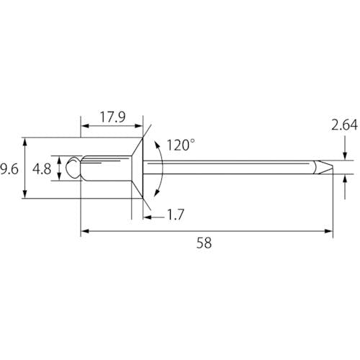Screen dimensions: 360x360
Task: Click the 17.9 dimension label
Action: pos(112,117)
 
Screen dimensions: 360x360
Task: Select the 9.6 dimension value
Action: pos(9,169)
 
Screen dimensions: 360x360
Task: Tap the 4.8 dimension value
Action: pos(42,169)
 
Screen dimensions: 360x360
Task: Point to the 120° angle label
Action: pos(180,145)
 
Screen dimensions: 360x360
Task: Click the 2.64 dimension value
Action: pos(344,125)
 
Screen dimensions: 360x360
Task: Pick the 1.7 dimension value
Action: pos(176,215)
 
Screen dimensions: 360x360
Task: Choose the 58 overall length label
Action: pos(204,243)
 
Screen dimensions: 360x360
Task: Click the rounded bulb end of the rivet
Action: pos(73,168)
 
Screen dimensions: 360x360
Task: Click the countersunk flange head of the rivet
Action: pos(138,168)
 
